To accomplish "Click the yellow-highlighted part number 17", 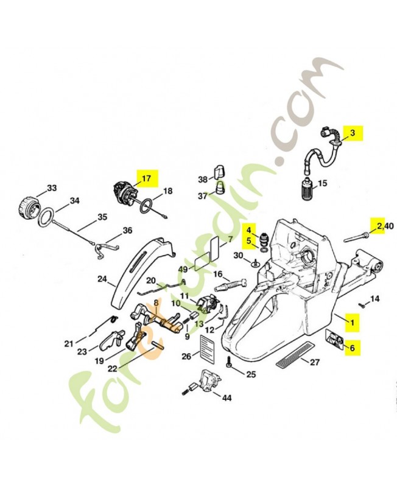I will [146, 178].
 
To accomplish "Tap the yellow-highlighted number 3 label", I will [352, 131].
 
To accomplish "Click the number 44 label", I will [227, 398].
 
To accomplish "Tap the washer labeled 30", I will [256, 263].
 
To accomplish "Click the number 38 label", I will [203, 179].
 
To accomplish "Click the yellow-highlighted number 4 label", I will [248, 229].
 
